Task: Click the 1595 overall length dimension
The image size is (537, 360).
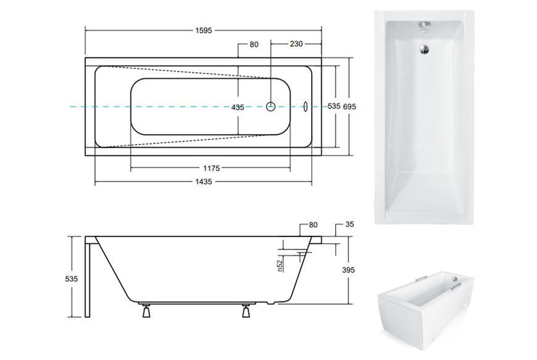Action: point(204,30)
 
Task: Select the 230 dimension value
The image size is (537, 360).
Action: point(296,44)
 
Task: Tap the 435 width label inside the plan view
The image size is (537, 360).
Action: point(238,107)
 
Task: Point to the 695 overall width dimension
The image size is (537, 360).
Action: point(349,107)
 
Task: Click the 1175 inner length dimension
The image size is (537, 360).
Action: point(211,168)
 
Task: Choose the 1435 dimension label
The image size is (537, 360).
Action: point(204,182)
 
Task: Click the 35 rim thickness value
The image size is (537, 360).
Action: point(349,224)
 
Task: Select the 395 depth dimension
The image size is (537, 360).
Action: point(348,270)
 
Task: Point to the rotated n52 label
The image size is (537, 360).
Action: point(280,266)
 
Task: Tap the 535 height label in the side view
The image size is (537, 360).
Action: point(72,279)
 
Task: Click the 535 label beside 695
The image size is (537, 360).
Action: point(334,106)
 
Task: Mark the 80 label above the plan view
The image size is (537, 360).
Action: point(254,44)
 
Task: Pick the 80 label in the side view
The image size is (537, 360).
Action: point(313,225)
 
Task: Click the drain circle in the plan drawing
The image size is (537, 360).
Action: point(271,107)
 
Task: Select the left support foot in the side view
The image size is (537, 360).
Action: point(146,311)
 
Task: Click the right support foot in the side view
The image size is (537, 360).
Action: point(246,311)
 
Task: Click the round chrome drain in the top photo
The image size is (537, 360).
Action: point(424,49)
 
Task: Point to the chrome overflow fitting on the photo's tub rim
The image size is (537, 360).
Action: point(424,27)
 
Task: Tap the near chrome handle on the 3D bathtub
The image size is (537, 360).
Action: point(456,287)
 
